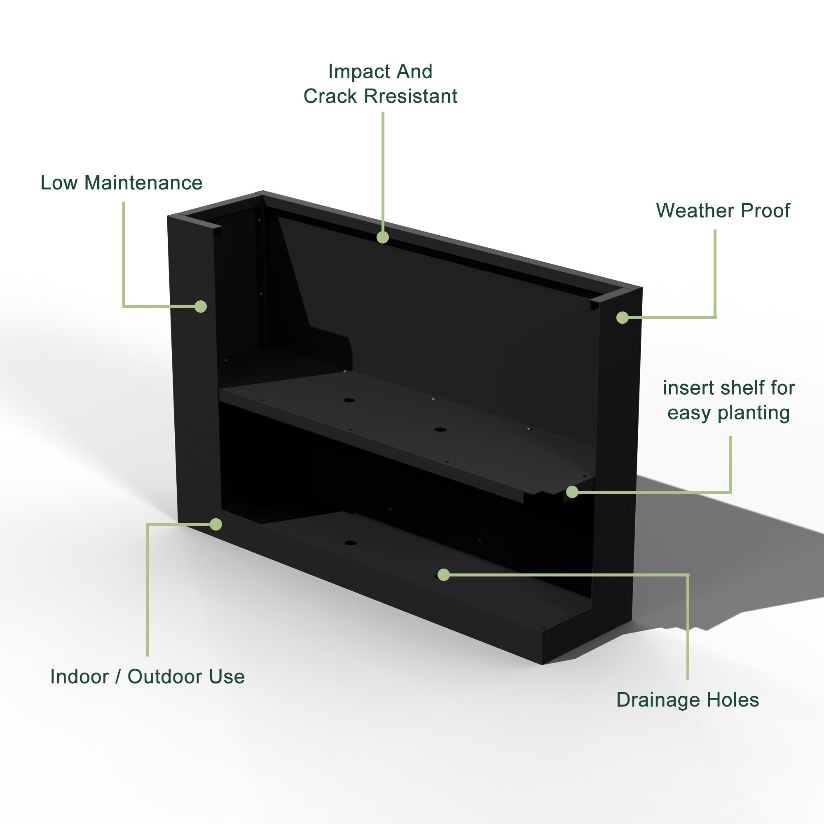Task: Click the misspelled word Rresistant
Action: pos(410,96)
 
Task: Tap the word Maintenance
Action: pos(143,183)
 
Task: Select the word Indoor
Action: pos(80,677)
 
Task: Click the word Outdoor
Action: pos(159,677)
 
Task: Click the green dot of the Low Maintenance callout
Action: pos(201,306)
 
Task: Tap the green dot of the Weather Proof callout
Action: pos(623,317)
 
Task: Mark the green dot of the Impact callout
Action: pos(383,237)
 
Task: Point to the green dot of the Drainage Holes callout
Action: pos(444,574)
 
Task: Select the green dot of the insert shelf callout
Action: pos(572,492)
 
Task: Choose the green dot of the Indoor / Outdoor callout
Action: pos(216,524)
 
